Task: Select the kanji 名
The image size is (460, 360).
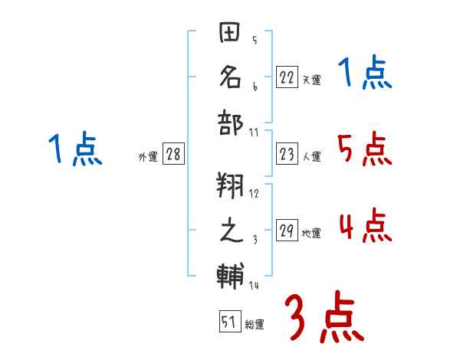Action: coord(232,77)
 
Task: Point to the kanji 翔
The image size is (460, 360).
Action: coord(232,185)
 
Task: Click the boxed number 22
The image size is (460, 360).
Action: coord(287,77)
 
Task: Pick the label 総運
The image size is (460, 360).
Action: coord(255,325)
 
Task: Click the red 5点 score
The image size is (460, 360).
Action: coord(364,149)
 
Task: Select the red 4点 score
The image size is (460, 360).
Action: coord(364,225)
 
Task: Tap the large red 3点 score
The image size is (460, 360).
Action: coord(324,318)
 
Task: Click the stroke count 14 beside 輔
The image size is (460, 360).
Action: coord(254,285)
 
